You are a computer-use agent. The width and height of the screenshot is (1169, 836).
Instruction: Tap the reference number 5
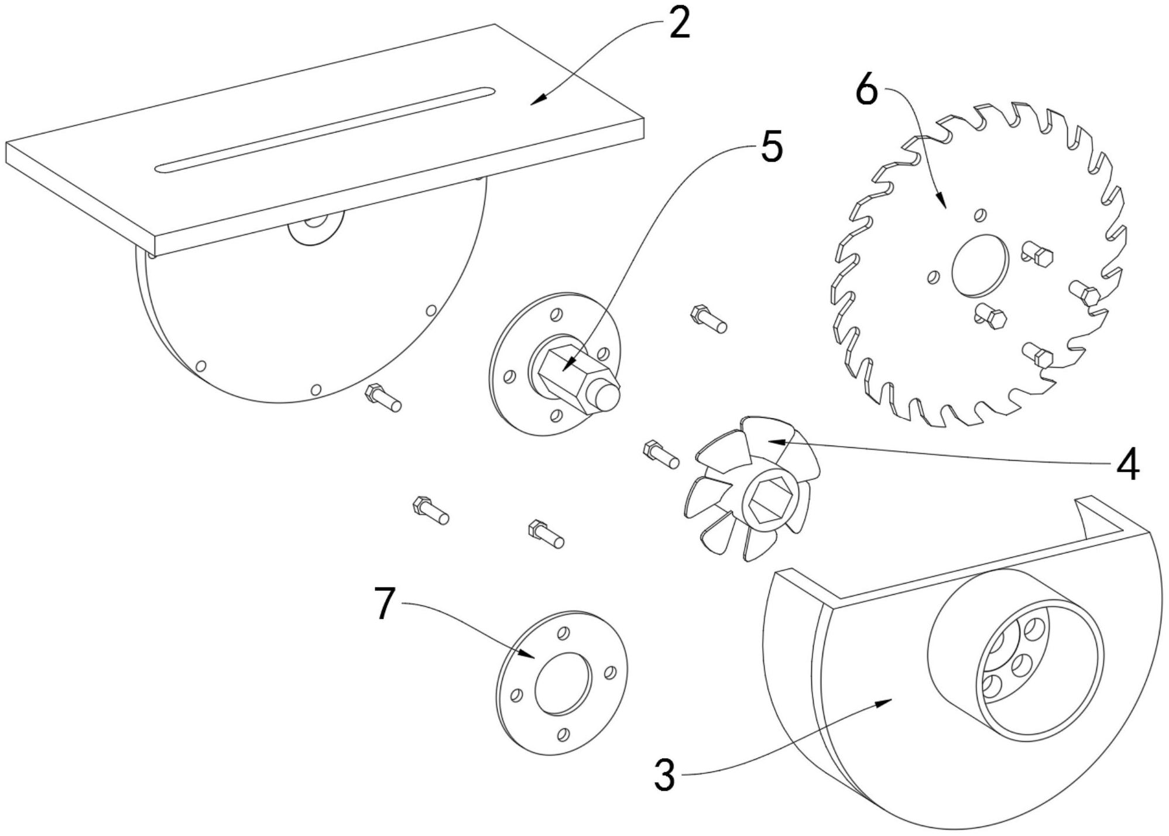[x=772, y=148]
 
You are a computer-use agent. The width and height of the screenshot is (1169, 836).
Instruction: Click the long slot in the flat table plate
[x=325, y=130]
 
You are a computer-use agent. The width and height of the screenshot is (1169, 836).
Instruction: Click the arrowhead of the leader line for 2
[x=534, y=102]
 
